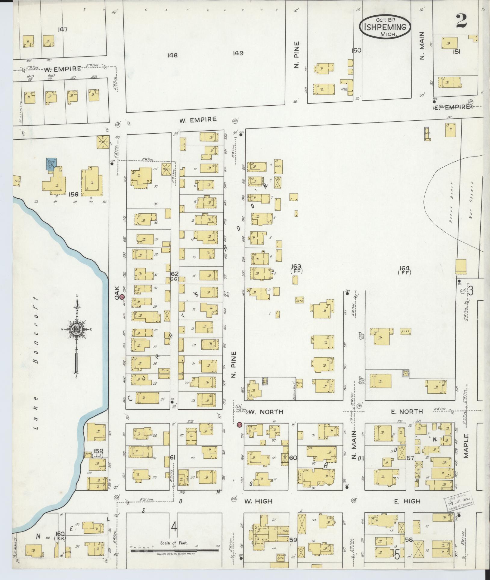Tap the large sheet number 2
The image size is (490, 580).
461,21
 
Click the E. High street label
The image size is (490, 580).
407,501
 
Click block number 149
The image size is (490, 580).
238,53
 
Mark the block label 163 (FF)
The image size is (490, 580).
296,268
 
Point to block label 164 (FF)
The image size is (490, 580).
404,270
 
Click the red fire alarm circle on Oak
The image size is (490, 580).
122,297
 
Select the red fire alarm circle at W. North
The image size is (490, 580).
240,425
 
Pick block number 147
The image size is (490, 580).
63,29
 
